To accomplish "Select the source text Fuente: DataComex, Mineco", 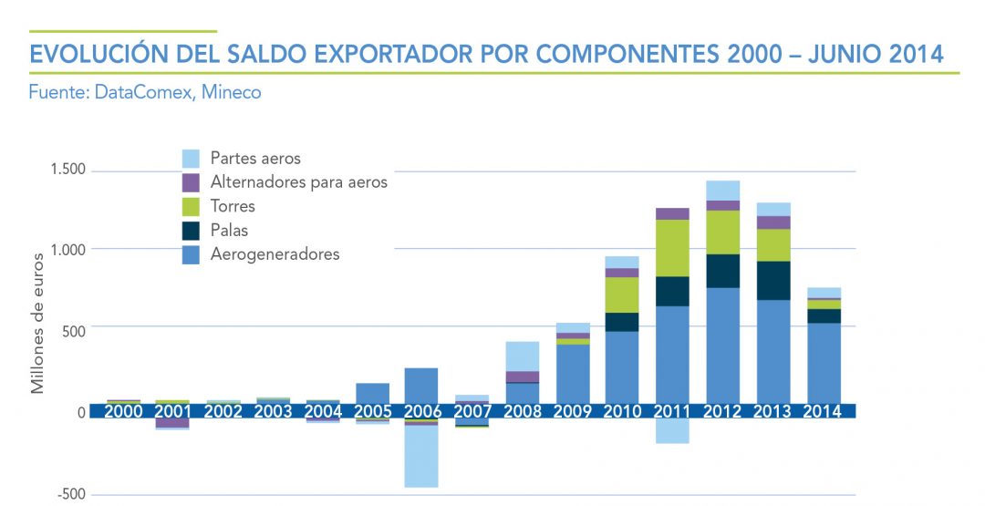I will (x=145, y=92).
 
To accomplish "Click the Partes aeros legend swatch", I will (x=192, y=159).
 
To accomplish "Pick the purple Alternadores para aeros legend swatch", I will (x=192, y=182).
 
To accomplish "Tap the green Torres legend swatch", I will (x=192, y=206).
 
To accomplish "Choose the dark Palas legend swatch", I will (x=192, y=230).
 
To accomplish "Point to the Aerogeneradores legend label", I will (x=275, y=254).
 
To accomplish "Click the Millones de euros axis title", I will (x=38, y=329).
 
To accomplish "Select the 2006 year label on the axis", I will (x=421, y=411).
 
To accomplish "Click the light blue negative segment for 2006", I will (x=421, y=456).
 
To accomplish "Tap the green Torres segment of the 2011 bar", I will (x=672, y=248).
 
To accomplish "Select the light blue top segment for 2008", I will (x=522, y=356).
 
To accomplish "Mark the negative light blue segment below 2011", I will (x=672, y=431).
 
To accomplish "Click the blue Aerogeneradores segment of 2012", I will (x=722, y=346).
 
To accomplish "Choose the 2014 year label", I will (x=823, y=411).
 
